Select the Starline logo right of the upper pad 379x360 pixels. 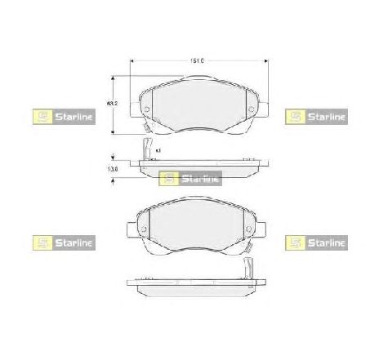[314, 117]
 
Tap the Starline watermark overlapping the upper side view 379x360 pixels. [189, 179]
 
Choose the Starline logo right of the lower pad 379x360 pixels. [314, 242]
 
